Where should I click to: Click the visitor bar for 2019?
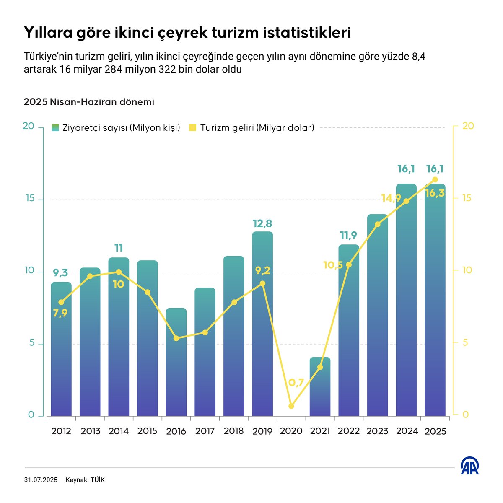pyautogui.click(x=262, y=327)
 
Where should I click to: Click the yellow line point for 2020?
pyautogui.click(x=291, y=406)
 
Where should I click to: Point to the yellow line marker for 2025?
pyautogui.click(x=435, y=179)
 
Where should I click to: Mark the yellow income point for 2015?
pyautogui.click(x=148, y=292)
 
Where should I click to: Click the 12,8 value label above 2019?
pyautogui.click(x=262, y=223)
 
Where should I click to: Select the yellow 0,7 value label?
pyautogui.click(x=296, y=382)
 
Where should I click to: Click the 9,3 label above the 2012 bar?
pyautogui.click(x=61, y=273)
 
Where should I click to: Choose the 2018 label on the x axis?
pyautogui.click(x=233, y=431)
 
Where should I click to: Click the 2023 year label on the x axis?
pyautogui.click(x=377, y=431)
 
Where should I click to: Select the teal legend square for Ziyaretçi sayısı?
pyautogui.click(x=55, y=128)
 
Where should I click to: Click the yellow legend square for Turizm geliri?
pyautogui.click(x=192, y=128)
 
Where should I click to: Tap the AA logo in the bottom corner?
pyautogui.click(x=470, y=466)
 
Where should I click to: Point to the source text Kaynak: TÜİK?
pyautogui.click(x=85, y=480)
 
